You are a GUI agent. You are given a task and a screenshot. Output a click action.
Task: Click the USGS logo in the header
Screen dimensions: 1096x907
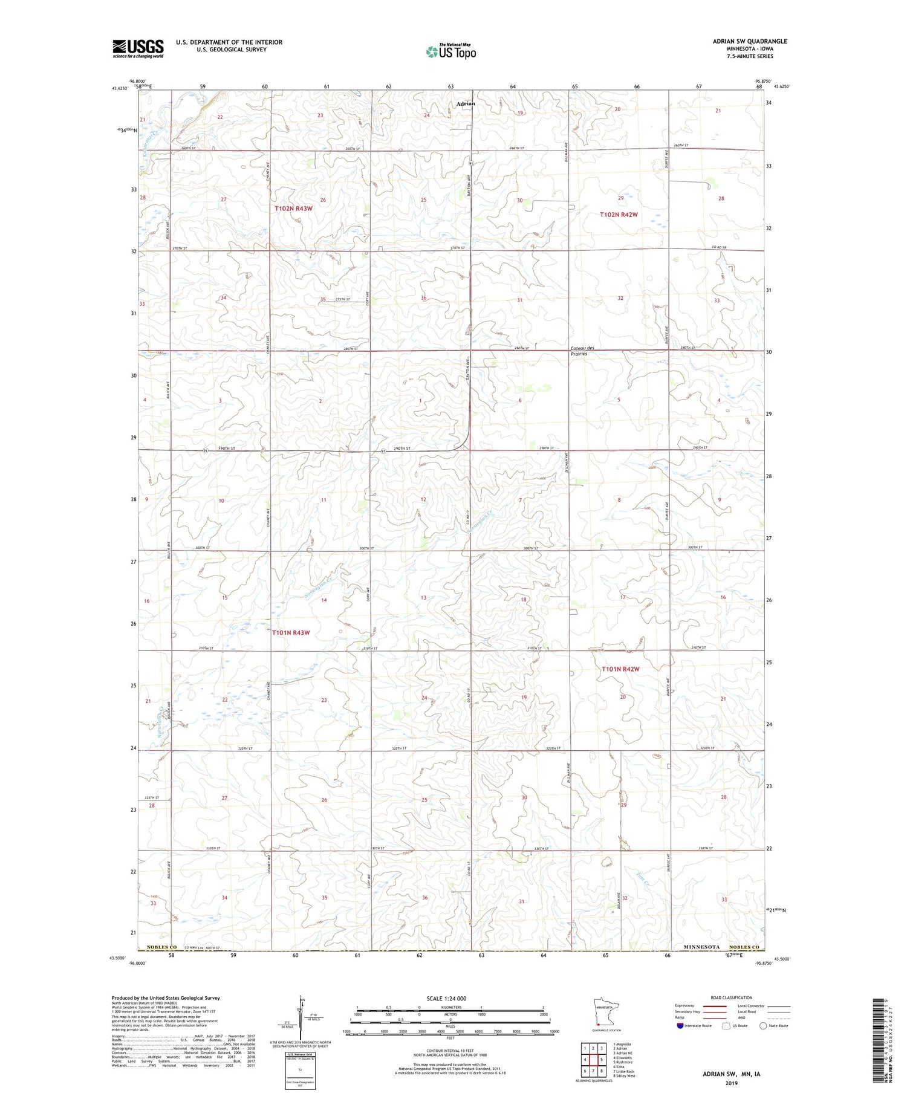click(138, 48)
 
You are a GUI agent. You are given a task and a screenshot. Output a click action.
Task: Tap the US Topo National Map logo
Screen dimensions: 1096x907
click(451, 52)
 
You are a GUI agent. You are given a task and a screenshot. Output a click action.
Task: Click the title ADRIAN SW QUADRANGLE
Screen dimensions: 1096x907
click(750, 41)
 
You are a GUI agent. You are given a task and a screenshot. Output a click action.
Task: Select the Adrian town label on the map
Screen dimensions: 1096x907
click(466, 103)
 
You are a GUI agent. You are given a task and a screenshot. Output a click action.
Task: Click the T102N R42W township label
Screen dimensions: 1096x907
click(619, 215)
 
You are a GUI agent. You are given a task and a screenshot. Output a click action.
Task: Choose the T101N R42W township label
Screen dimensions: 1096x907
click(620, 669)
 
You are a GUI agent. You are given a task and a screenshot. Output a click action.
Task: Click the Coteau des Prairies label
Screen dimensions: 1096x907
click(583, 351)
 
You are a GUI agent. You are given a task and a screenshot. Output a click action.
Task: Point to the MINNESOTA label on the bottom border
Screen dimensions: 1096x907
click(701, 947)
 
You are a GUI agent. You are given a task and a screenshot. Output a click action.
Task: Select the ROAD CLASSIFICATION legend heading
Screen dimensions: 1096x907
click(732, 997)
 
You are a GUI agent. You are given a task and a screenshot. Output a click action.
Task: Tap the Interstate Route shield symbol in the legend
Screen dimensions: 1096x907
click(680, 1026)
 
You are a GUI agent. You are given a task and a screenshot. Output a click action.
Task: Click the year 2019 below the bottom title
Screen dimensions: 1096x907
click(731, 1082)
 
